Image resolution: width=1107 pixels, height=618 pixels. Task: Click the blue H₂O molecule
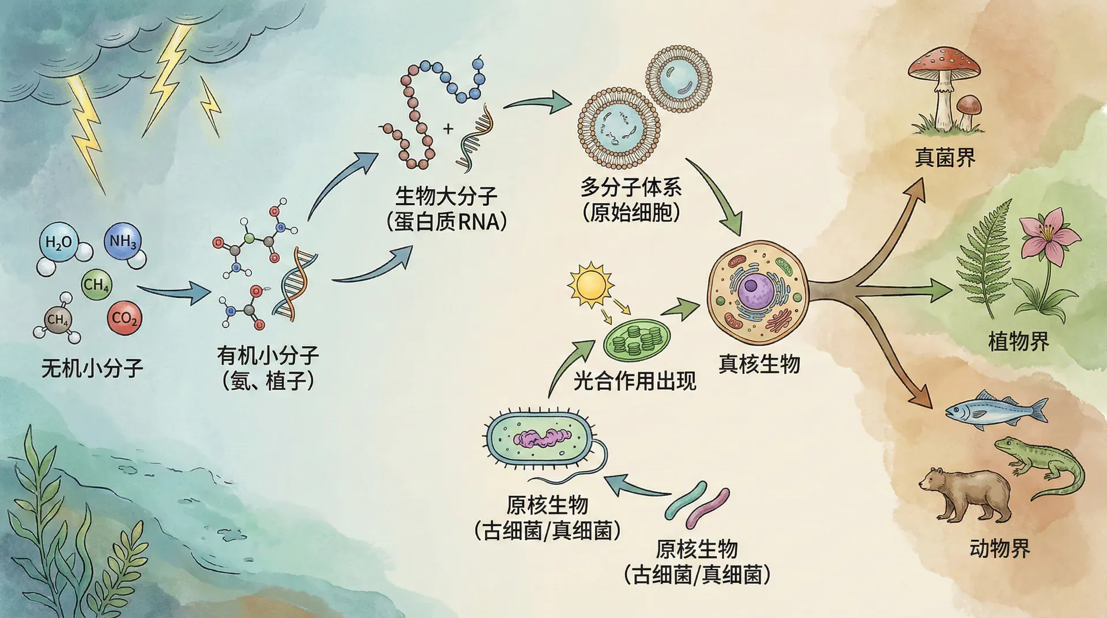pos(59,242)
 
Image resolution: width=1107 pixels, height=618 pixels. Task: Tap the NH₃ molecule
pos(122,241)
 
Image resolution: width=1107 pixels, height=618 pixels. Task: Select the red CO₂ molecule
pos(125,318)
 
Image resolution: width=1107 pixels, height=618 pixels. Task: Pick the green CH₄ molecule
pos(96,285)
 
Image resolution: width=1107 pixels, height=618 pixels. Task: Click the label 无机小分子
pos(92,368)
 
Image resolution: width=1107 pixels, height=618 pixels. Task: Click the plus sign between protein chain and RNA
pos(448,129)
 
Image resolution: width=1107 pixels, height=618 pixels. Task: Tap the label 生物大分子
pos(446,196)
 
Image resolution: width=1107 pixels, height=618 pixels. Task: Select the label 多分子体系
pos(631,187)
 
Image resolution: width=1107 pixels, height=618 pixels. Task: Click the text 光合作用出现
pos(634,381)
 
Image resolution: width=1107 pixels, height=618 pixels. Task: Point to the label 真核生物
pos(759,364)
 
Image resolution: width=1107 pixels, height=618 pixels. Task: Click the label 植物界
pos(1018,341)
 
